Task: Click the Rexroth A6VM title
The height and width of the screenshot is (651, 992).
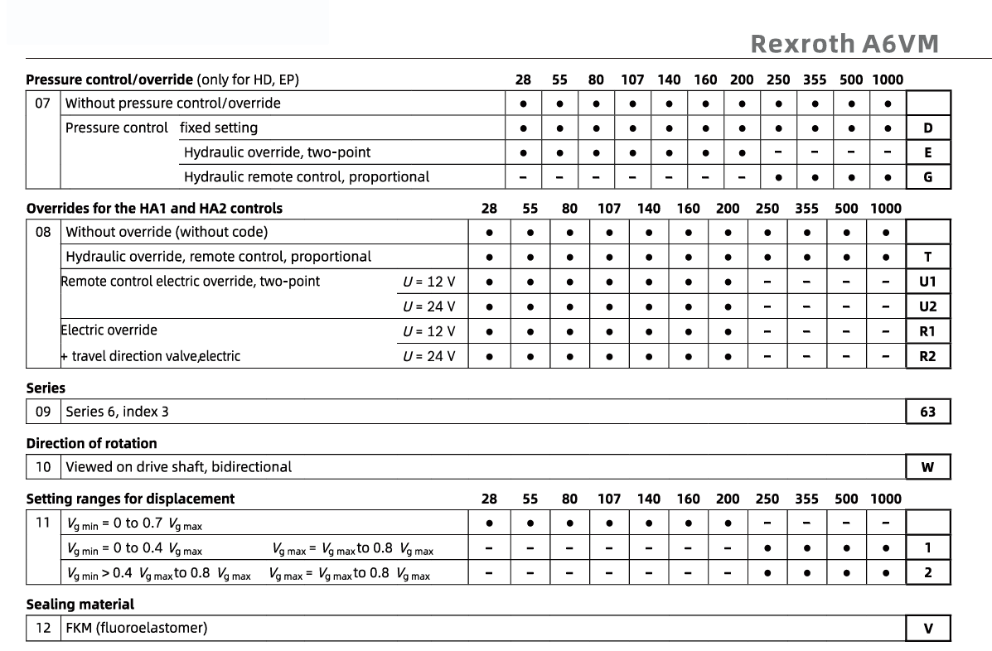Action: click(x=844, y=44)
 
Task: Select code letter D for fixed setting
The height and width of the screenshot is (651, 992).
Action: click(x=927, y=128)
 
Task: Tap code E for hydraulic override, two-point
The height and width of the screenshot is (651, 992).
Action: click(x=927, y=152)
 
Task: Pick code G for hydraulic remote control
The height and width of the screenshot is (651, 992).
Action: click(x=927, y=176)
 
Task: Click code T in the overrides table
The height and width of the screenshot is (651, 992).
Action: click(x=927, y=257)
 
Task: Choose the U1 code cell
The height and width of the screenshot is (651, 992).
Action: click(x=927, y=282)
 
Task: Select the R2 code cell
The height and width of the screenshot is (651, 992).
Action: click(x=927, y=357)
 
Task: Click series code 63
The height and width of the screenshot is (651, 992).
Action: click(x=927, y=412)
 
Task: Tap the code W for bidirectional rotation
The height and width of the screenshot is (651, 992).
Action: click(x=927, y=467)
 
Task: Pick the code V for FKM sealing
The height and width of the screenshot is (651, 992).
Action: click(x=927, y=629)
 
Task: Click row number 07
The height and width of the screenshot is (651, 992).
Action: click(x=43, y=104)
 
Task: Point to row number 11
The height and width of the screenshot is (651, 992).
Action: click(x=43, y=523)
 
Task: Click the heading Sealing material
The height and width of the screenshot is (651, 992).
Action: click(x=80, y=605)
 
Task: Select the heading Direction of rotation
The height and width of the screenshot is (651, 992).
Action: click(x=91, y=443)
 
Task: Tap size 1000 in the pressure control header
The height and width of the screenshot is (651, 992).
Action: click(x=887, y=80)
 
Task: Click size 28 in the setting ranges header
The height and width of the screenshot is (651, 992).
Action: click(x=490, y=499)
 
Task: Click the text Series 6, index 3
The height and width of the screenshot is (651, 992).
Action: click(x=118, y=412)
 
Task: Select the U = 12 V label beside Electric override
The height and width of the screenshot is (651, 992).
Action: click(x=428, y=331)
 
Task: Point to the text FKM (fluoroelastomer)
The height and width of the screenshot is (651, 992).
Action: click(x=137, y=629)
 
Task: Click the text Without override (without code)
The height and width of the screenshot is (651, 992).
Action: click(x=167, y=232)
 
